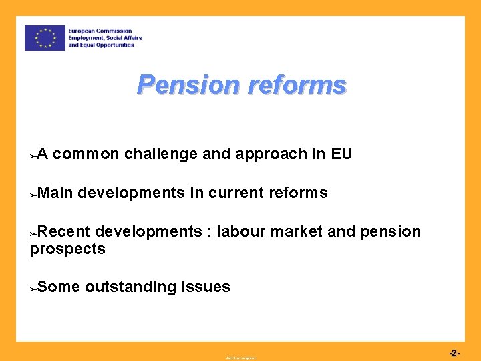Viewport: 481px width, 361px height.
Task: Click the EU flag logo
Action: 45,38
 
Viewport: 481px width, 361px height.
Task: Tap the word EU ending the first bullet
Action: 341,154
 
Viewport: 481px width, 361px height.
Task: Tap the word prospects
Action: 67,249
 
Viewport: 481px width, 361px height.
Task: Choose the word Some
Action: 59,287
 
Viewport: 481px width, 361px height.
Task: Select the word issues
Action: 206,287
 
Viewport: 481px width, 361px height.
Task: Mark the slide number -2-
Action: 454,352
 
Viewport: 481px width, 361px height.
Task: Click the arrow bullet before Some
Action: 33,289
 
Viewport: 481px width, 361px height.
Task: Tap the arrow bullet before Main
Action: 33,195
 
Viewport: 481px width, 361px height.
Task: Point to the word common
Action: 86,154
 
